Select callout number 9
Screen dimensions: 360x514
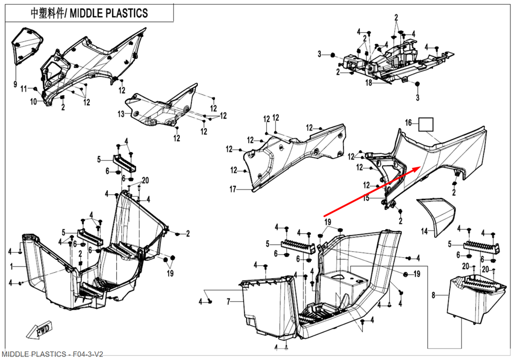click(x=15, y=84)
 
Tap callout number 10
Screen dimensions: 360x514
click(x=33, y=102)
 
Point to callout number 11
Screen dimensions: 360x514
click(x=24, y=89)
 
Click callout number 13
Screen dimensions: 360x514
click(x=121, y=114)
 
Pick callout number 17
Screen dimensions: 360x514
click(x=233, y=190)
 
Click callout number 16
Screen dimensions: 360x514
click(x=409, y=123)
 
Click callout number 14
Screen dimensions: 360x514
click(x=424, y=232)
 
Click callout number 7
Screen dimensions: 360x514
click(x=228, y=301)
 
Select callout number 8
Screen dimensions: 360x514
click(x=433, y=295)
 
